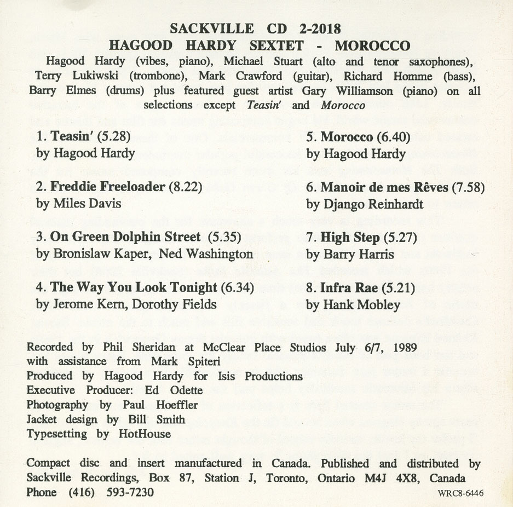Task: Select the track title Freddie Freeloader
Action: [107, 187]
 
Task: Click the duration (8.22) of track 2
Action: [185, 187]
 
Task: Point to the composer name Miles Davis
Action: [87, 204]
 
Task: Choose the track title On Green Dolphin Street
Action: [125, 237]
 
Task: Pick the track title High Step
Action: [350, 237]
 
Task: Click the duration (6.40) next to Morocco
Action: [391, 136]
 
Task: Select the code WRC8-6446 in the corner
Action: [460, 493]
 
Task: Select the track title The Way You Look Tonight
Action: [134, 287]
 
